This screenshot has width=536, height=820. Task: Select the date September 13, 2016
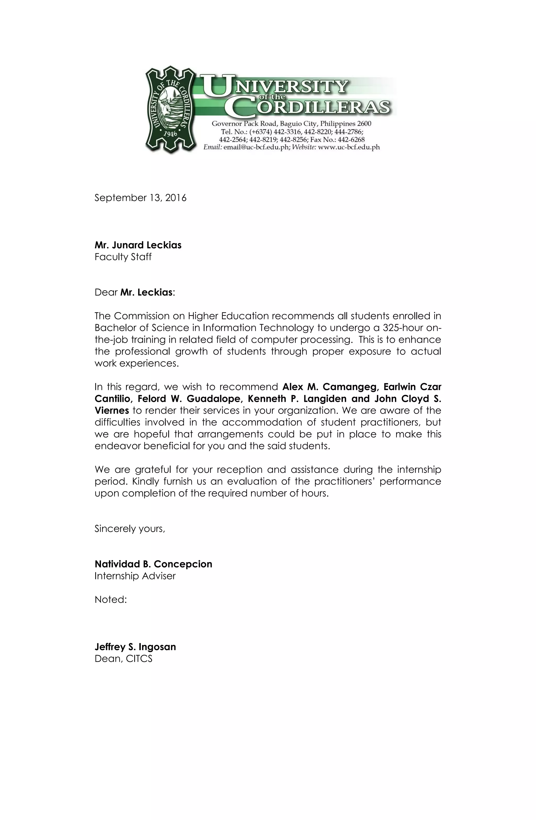pos(140,198)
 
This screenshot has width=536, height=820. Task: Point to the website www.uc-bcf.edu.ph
pos(348,147)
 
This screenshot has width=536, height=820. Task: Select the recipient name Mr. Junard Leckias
pos(138,245)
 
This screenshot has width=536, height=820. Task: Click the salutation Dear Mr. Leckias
pos(135,292)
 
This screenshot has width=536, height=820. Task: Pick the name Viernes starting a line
pos(111,410)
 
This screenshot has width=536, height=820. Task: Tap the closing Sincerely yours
pos(130,529)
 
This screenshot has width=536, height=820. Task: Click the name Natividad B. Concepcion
pos(153,564)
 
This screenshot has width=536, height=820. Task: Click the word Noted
pos(110,600)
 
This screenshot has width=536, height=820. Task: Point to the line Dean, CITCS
pos(123,659)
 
